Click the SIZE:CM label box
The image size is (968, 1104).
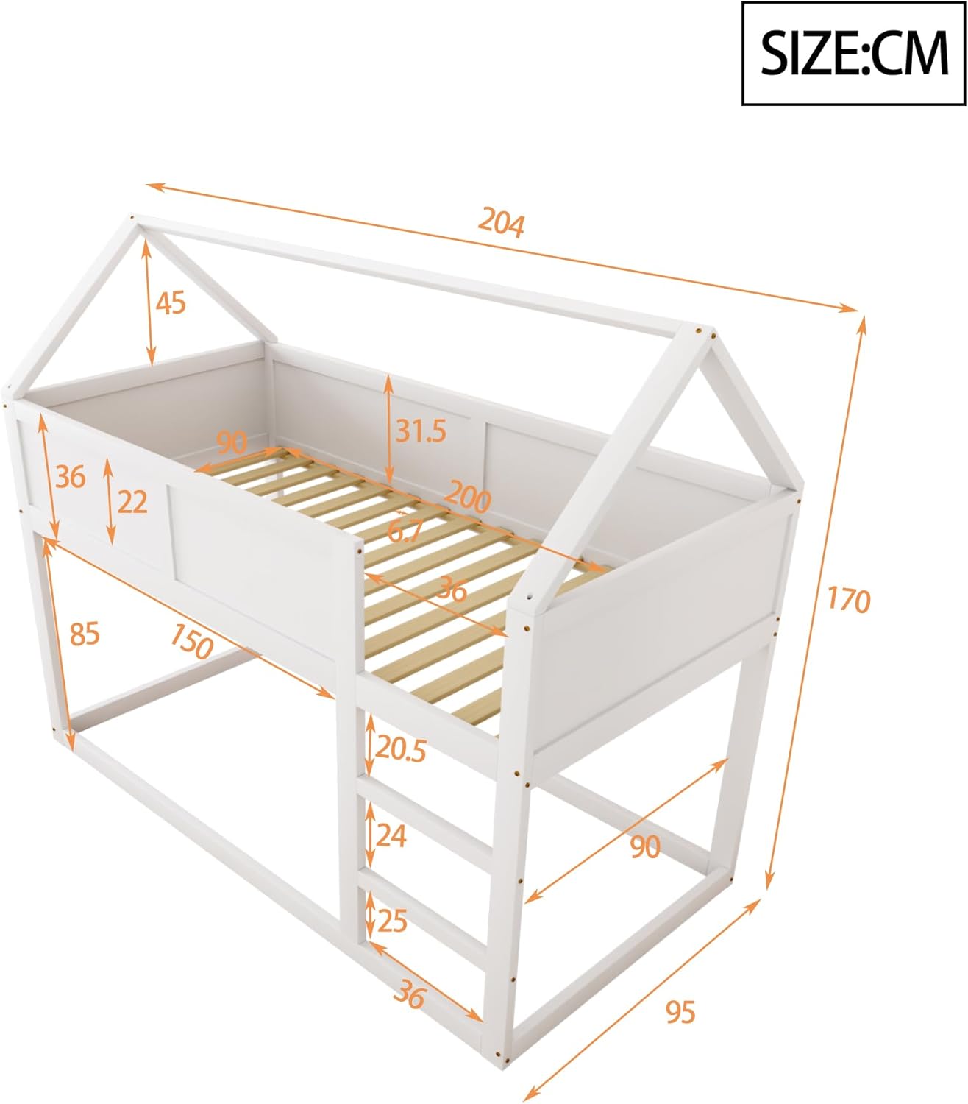coord(853,53)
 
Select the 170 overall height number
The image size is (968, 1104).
coord(849,599)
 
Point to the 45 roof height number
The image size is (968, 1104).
coord(171,302)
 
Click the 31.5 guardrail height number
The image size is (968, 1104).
coord(421,431)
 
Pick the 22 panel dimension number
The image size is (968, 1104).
coord(132,502)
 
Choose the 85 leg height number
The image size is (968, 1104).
coord(85,634)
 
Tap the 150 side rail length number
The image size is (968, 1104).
coord(191,641)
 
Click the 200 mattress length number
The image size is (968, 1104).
coord(467,498)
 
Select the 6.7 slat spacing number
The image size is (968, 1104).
coord(405,530)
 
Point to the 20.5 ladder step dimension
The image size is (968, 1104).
coord(400,750)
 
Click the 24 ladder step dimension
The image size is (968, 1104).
coord(391,836)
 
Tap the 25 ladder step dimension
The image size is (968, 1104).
coord(392,921)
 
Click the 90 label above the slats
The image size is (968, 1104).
coord(232,442)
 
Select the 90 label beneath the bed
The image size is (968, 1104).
coord(645,846)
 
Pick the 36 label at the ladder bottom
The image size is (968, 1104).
coord(409,994)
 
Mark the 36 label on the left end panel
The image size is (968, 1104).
coord(71,477)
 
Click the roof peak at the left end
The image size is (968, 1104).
coord(132,217)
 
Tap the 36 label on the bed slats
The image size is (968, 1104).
coord(452,589)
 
